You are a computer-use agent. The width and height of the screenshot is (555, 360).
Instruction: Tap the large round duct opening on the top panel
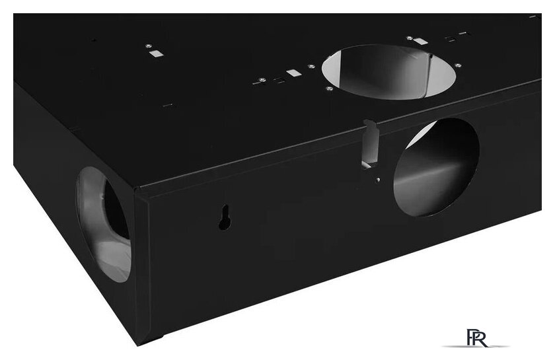pyautogui.click(x=388, y=72)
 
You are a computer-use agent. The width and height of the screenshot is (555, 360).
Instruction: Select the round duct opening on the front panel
pyautogui.click(x=436, y=167)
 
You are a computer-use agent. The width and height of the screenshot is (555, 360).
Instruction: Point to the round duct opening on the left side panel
pyautogui.click(x=103, y=225)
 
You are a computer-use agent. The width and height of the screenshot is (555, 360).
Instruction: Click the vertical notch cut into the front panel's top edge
pyautogui.click(x=371, y=143)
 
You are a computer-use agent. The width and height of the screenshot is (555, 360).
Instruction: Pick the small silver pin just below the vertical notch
pyautogui.click(x=379, y=180)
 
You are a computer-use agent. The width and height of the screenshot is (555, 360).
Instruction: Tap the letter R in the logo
pyautogui.click(x=482, y=339)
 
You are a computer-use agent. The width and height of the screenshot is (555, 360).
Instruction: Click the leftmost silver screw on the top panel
pyautogui.click(x=148, y=46)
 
